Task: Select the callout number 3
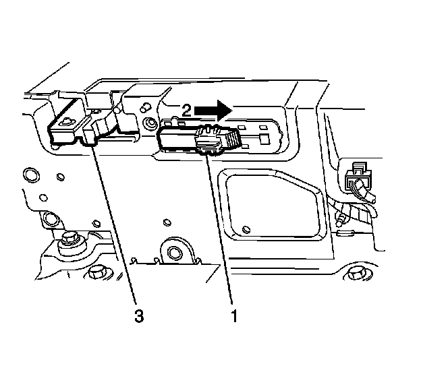(138, 314)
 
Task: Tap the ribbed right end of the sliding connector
(232, 139)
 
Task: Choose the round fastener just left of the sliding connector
(149, 123)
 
